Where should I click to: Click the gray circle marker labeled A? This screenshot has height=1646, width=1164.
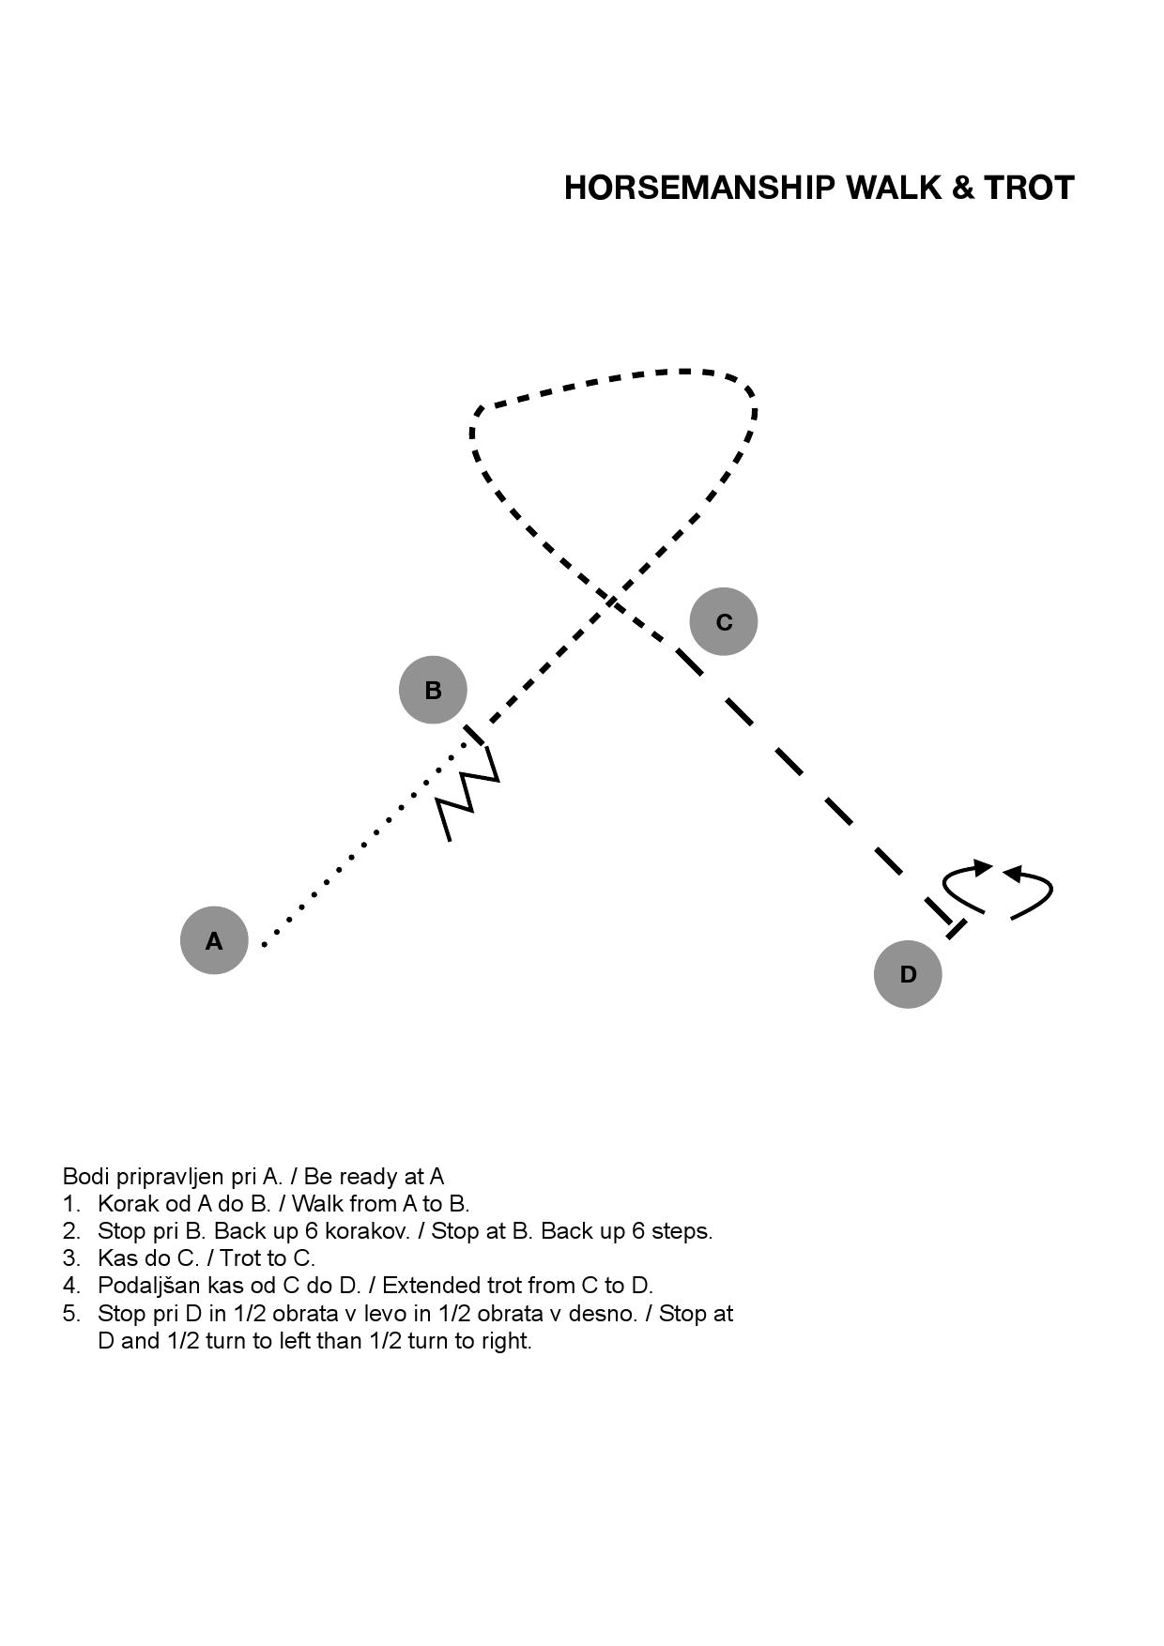(x=214, y=940)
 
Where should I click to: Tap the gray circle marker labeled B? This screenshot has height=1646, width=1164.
(x=433, y=690)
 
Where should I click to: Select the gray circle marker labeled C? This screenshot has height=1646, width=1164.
(x=724, y=621)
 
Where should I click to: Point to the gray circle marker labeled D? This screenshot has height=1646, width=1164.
(x=908, y=974)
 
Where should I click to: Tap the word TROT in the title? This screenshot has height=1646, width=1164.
(x=1029, y=188)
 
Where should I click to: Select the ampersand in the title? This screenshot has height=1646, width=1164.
(x=963, y=188)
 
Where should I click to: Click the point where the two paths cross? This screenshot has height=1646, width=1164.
(x=611, y=601)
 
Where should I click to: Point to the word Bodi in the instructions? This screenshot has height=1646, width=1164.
(x=83, y=1177)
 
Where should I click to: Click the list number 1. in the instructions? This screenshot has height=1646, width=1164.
(x=72, y=1204)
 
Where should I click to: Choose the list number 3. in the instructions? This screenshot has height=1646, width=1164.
(x=72, y=1258)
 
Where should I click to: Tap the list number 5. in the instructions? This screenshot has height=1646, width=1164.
(x=72, y=1314)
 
